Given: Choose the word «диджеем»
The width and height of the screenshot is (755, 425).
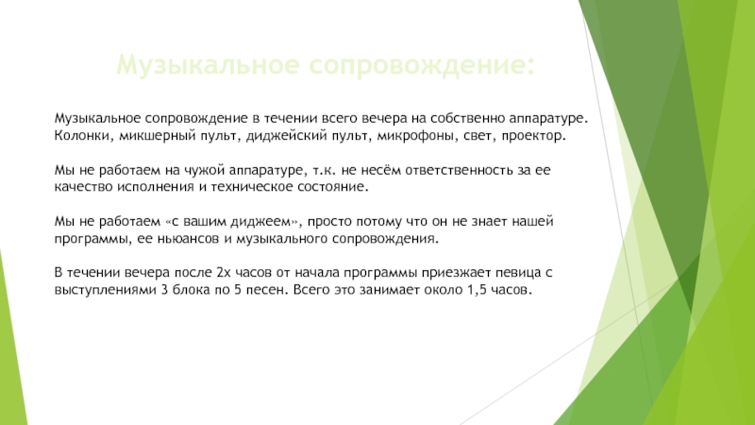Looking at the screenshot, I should (264, 221).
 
